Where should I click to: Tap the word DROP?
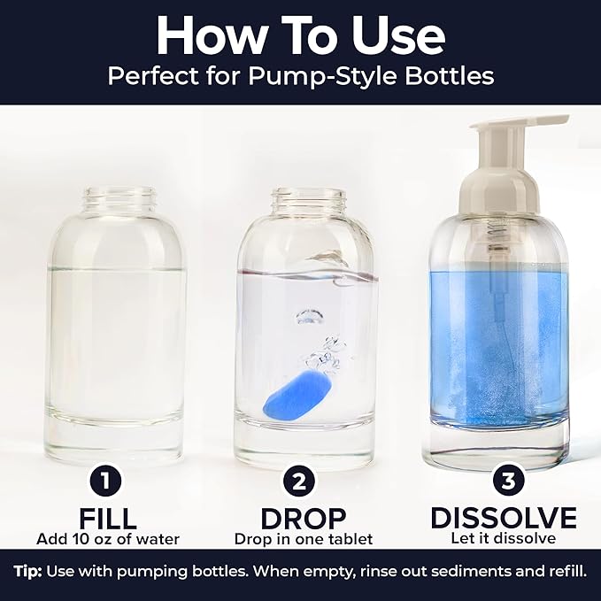(303, 518)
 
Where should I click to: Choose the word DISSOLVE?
(503, 518)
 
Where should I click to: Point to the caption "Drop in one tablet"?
(303, 539)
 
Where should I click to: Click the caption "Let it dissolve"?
(503, 539)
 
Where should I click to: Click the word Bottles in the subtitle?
(448, 76)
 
